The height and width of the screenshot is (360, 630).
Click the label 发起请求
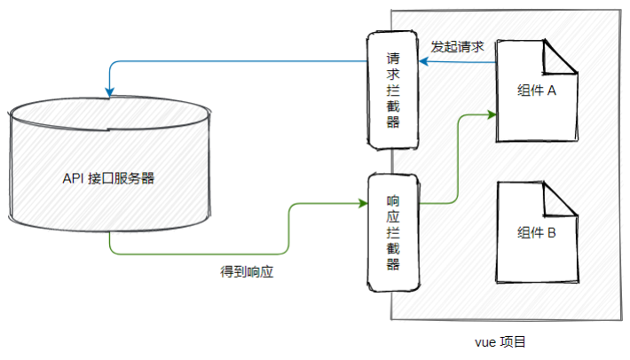point(457,47)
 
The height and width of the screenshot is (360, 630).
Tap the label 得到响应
point(247,272)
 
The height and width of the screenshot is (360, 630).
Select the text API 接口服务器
point(108,178)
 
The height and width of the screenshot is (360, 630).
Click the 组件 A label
point(537,90)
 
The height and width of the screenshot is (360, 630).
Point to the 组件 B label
point(537,233)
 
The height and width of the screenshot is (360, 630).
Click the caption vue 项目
point(500,342)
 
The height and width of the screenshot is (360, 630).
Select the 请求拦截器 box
point(392,90)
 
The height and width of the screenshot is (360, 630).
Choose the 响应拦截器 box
point(394,232)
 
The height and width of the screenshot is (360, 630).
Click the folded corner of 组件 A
point(560,58)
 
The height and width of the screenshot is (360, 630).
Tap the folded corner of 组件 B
point(560,200)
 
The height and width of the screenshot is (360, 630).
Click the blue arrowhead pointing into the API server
point(109,92)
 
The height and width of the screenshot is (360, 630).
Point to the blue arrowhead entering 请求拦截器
point(423,62)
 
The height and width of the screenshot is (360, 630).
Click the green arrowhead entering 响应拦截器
point(363,203)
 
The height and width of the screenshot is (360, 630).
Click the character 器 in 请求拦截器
point(393,121)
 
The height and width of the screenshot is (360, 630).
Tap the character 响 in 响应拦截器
point(393,200)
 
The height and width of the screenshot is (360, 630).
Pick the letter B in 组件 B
point(552,233)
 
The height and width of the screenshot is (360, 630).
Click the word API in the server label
point(73,178)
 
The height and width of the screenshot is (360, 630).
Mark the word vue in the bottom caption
point(485,343)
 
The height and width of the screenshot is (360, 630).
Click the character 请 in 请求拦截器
point(393,59)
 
